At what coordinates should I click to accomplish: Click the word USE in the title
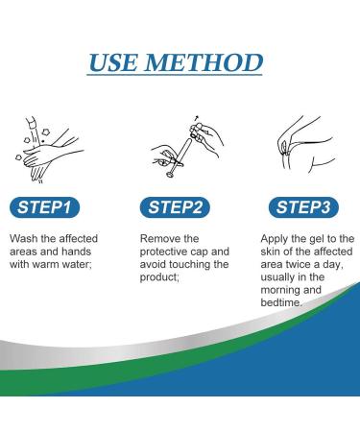113,62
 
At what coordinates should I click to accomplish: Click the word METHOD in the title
204,62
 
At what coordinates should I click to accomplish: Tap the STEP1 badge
44,207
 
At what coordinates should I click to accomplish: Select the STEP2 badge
175,207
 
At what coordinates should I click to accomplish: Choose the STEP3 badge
303,207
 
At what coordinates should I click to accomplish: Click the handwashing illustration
49,150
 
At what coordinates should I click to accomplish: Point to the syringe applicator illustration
187,146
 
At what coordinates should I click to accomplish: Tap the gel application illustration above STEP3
305,145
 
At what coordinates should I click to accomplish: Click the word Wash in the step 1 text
23,239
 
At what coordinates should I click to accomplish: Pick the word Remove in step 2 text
156,239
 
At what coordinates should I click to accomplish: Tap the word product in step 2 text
158,277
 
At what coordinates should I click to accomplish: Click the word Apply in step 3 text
275,239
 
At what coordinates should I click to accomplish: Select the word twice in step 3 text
298,265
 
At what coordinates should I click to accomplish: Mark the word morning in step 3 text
279,290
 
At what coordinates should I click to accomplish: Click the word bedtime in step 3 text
280,302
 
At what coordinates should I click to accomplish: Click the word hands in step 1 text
76,252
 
